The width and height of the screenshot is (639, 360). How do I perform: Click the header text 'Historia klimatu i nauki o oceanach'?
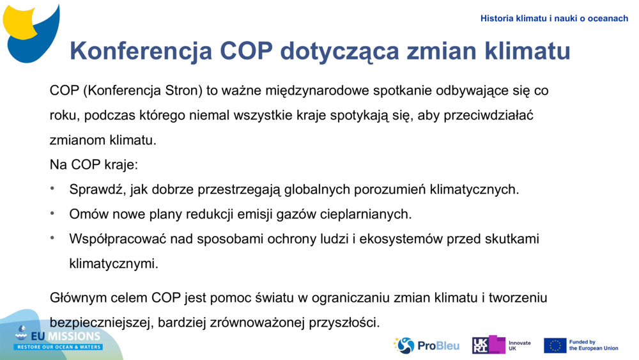(554, 19)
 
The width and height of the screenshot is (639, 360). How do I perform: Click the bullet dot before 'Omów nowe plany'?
(53, 213)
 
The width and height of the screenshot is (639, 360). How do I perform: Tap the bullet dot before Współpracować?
(53, 238)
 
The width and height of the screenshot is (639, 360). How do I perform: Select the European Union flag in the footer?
(555, 345)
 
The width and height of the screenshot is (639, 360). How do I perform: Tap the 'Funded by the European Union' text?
(593, 345)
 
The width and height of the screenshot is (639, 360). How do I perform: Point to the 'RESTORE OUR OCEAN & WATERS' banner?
(59, 347)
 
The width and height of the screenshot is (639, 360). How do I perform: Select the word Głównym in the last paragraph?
(75, 298)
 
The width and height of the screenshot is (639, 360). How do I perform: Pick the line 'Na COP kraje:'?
(94, 164)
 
